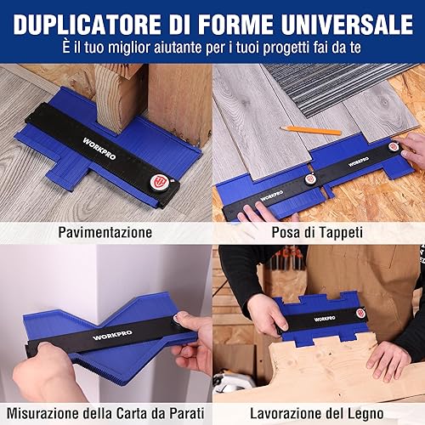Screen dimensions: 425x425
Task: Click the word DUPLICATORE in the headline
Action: coord(87,24)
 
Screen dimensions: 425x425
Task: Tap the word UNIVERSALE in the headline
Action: coord(347,24)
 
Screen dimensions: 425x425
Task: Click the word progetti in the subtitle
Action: coord(286,48)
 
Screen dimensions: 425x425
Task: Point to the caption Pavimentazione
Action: coord(105,232)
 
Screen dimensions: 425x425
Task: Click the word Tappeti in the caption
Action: coord(340,233)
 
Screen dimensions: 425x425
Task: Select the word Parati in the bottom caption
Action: coord(187,413)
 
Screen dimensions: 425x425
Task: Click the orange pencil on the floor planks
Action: coord(311,130)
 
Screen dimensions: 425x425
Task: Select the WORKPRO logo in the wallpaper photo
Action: coord(112,335)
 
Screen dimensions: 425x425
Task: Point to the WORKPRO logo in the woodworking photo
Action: coord(325,319)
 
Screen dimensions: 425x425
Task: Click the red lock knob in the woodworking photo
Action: coord(360,313)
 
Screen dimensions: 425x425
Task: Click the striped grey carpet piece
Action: coord(334,88)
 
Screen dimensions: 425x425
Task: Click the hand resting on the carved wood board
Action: coord(386,360)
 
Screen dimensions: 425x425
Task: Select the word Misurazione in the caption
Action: coord(42,413)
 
